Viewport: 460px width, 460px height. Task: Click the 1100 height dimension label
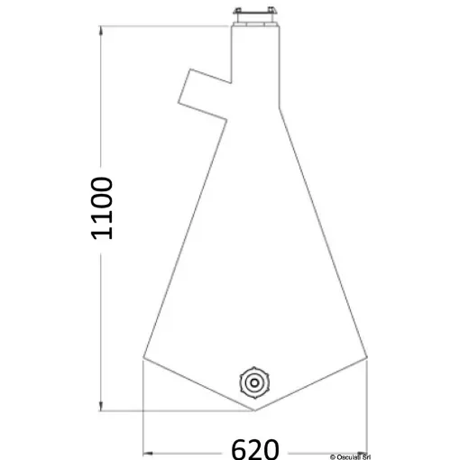point(102,208)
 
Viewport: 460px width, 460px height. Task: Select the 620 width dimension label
point(255,447)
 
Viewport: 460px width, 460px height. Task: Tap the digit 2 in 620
point(256,447)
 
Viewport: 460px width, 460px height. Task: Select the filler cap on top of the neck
point(256,15)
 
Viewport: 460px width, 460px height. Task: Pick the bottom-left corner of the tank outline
point(143,359)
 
